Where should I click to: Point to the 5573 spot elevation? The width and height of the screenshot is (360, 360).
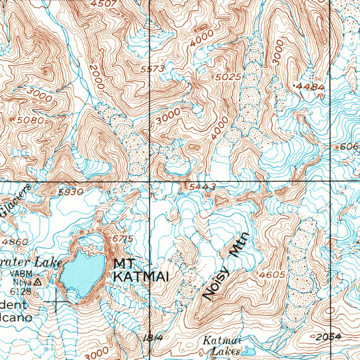[x=152, y=69]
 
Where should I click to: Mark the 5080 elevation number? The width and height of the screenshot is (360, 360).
[x=31, y=120]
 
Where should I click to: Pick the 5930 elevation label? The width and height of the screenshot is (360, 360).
[x=71, y=192]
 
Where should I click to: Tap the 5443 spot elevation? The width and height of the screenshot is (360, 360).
[x=202, y=187]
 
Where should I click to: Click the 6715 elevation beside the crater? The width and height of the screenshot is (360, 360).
[x=123, y=239]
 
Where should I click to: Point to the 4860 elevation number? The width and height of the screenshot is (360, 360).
[x=14, y=242]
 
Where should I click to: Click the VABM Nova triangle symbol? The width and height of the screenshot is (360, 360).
[x=38, y=282]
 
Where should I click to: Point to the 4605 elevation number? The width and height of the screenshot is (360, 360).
[x=271, y=275]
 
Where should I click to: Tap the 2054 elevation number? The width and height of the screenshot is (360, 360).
[x=328, y=337]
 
